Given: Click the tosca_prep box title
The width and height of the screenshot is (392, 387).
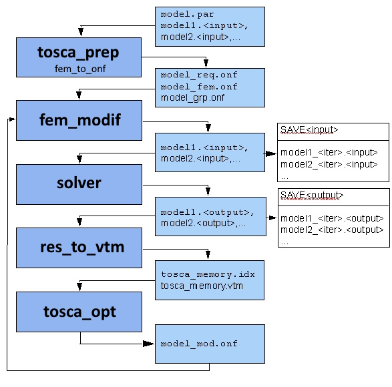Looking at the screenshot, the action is (78, 53).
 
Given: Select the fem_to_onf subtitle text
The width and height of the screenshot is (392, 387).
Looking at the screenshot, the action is (80, 69).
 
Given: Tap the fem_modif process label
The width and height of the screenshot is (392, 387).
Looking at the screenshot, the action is (80, 120).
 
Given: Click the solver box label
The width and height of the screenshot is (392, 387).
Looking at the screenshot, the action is (79, 183).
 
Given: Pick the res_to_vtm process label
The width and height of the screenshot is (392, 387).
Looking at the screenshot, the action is (82, 248).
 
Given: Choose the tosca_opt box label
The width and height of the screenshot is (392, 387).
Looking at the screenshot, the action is (79, 312).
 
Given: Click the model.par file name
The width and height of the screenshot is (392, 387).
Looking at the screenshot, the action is (187, 14).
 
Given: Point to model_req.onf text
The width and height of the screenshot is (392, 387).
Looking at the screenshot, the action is (199, 75).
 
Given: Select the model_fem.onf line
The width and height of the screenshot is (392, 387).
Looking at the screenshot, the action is (199, 87).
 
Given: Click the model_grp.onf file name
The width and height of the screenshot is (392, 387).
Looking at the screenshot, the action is (192, 97).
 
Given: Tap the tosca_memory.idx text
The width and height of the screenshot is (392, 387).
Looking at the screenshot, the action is (208, 274).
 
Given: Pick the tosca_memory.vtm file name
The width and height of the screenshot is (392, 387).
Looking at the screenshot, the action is (202, 286).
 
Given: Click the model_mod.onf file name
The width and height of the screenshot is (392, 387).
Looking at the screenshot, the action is (199, 344).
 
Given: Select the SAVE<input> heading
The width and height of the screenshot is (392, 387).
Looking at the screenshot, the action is (309, 129).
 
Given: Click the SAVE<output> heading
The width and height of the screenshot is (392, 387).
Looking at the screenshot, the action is (312, 195).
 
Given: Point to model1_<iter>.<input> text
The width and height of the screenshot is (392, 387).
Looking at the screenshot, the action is (329, 152).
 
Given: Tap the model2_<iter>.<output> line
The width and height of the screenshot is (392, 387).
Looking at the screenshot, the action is (332, 230).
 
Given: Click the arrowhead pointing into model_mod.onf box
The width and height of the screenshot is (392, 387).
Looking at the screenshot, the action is (148, 344).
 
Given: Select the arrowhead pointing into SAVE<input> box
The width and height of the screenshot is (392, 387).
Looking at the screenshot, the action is (271, 153).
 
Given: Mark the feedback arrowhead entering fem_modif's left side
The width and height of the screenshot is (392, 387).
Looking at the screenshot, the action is (12, 119).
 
